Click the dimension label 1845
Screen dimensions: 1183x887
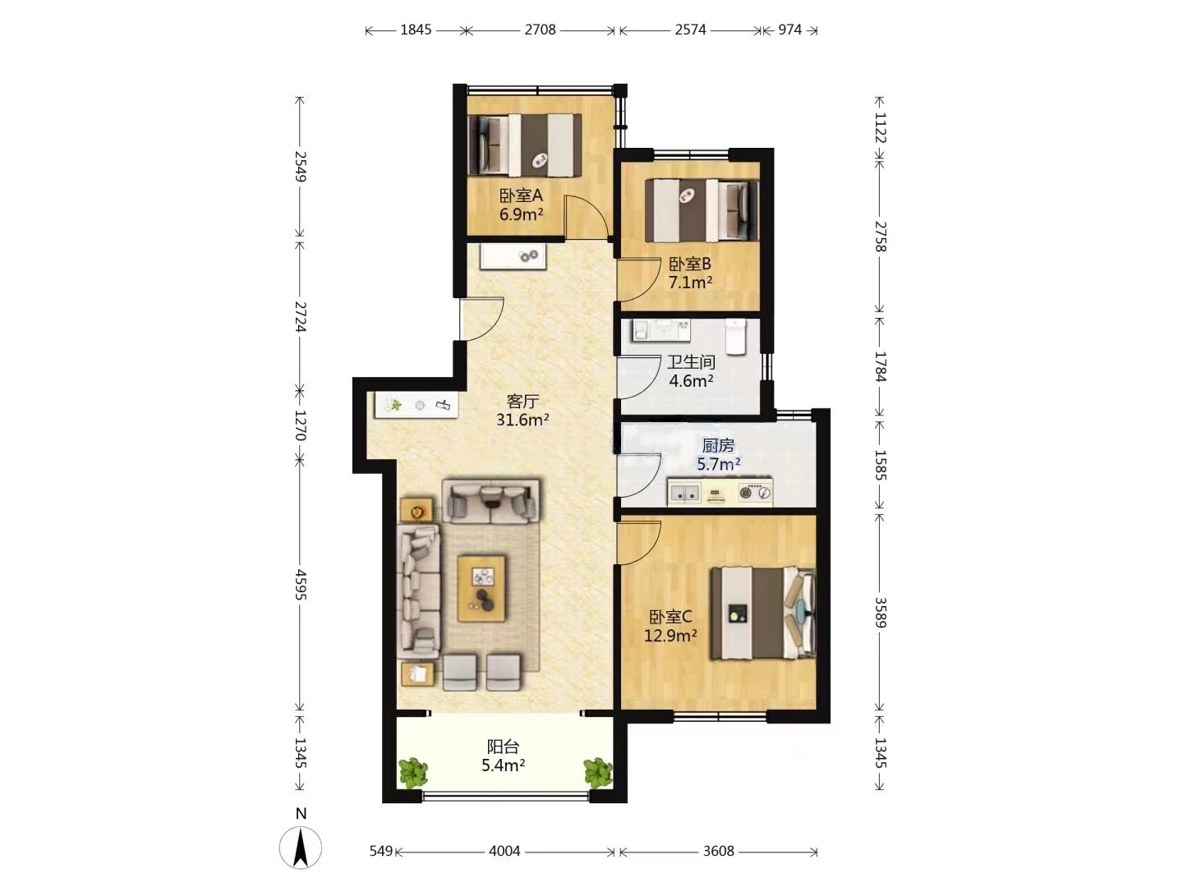[416, 30]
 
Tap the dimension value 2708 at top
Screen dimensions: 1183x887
[540, 30]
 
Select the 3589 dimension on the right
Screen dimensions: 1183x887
[880, 613]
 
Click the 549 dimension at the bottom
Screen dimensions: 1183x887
[381, 851]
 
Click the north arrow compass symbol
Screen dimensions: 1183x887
[300, 846]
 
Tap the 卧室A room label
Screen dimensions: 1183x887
[521, 195]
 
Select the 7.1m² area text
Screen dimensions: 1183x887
[690, 283]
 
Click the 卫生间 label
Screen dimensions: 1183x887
[691, 362]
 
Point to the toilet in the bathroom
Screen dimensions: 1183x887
[735, 337]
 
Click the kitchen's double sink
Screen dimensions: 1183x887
[684, 492]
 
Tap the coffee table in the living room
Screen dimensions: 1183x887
[481, 589]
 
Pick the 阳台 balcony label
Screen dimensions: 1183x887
[503, 747]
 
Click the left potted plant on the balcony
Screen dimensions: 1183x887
[414, 773]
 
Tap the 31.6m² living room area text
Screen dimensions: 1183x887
[522, 420]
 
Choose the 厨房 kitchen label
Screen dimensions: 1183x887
[718, 445]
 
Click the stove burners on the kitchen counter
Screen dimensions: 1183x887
[754, 492]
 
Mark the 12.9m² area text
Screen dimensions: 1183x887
[670, 636]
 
